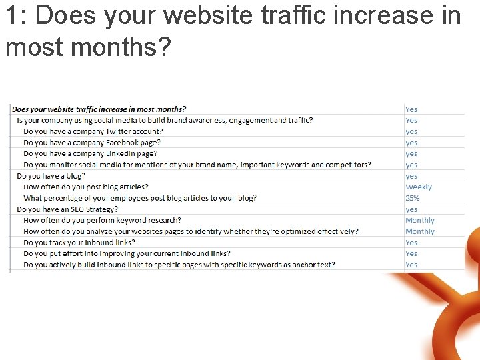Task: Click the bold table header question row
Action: (x=99, y=109)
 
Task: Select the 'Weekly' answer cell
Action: (x=418, y=187)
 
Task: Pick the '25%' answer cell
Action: (x=412, y=198)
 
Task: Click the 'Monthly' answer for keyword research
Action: (x=419, y=220)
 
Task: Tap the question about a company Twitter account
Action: (x=93, y=131)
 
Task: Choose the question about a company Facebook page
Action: (x=91, y=143)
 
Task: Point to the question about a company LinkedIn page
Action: (x=90, y=153)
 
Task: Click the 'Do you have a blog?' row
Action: (x=51, y=176)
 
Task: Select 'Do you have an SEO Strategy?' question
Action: (x=66, y=209)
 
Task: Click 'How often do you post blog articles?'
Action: (x=85, y=187)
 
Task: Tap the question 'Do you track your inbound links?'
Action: (x=79, y=243)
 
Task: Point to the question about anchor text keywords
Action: (x=179, y=265)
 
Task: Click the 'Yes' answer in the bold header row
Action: (x=411, y=109)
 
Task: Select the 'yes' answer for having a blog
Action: (x=411, y=176)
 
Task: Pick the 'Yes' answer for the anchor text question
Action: (x=411, y=265)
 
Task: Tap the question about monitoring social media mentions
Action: (x=197, y=165)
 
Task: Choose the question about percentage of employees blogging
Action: (x=139, y=198)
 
